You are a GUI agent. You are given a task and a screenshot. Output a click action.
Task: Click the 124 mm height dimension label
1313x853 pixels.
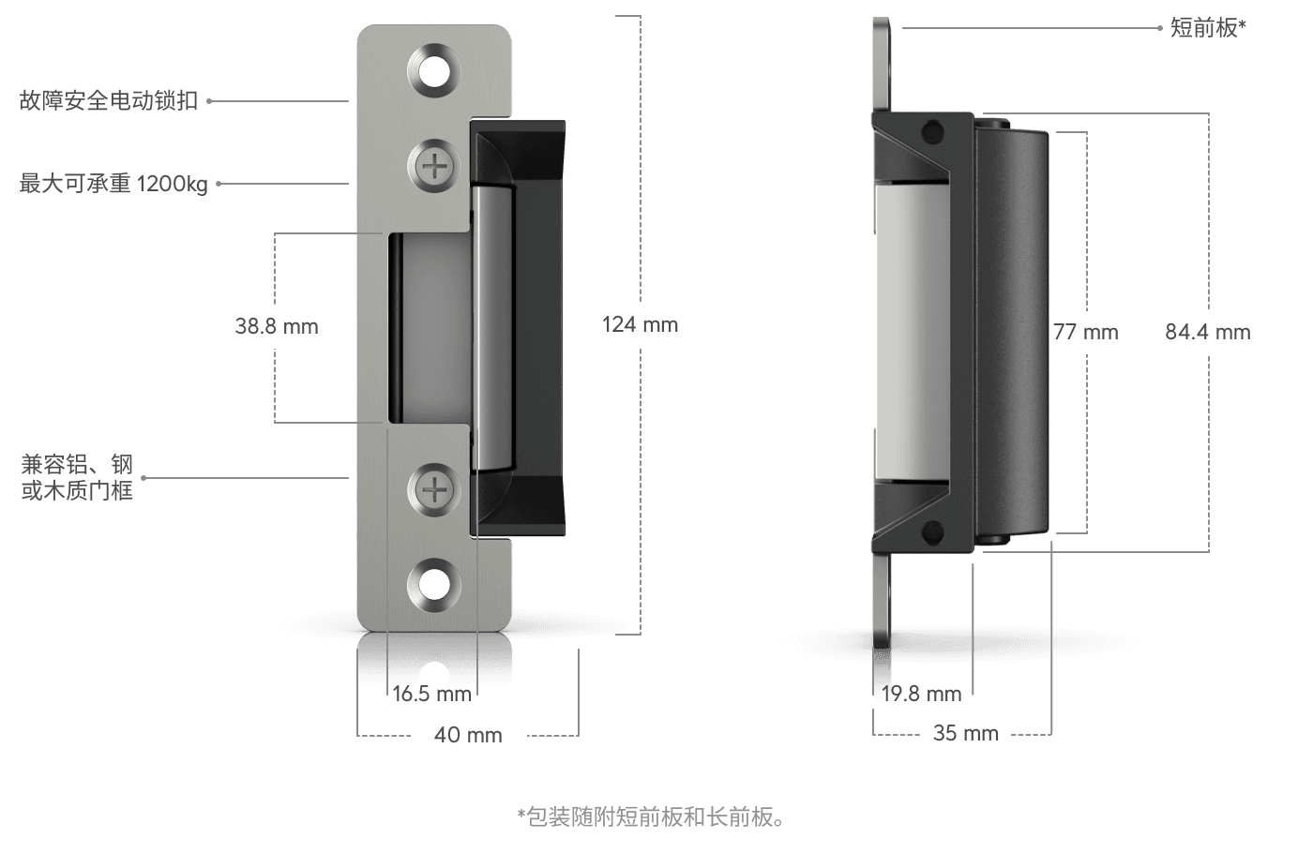coord(640,324)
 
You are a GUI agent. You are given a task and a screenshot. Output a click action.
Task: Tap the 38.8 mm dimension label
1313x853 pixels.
coord(277,326)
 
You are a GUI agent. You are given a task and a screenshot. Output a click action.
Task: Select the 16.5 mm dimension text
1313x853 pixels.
coord(432,695)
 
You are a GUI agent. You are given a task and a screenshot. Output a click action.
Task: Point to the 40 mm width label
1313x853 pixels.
coord(468,735)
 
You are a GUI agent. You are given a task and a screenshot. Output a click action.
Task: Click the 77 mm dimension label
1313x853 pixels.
coord(1086,332)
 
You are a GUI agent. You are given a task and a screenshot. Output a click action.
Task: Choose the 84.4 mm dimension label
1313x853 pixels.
coord(1208,332)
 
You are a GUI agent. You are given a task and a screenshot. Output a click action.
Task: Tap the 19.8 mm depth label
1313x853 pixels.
coord(921,695)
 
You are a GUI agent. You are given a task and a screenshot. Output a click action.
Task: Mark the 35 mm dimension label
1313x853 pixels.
coord(965,733)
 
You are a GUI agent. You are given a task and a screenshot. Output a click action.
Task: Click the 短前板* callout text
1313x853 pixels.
coord(1208,27)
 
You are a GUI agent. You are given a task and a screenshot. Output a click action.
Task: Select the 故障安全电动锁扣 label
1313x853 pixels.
coord(109,101)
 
